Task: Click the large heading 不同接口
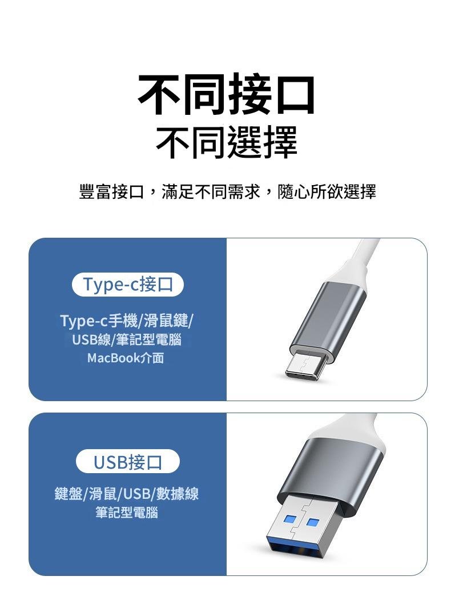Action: (226, 95)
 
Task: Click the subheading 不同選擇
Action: (227, 142)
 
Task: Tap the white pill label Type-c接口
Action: (127, 285)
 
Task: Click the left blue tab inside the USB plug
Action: (291, 520)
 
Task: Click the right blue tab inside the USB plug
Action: (312, 522)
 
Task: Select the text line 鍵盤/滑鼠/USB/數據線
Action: (127, 494)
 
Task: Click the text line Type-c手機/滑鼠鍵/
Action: (127, 321)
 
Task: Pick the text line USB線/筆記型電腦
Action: (127, 340)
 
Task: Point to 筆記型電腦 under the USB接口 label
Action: (127, 513)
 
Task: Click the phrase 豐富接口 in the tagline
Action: (111, 192)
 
